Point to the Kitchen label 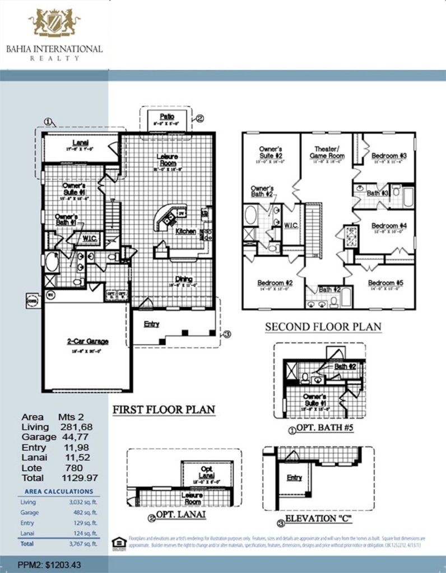tap(185, 231)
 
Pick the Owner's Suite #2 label tap(270, 152)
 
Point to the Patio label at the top tap(166, 116)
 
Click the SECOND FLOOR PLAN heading tap(323, 327)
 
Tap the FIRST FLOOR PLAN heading tap(164, 410)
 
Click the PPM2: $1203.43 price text tap(49, 565)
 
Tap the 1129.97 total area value tap(78, 478)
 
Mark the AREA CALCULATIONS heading tap(59, 491)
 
